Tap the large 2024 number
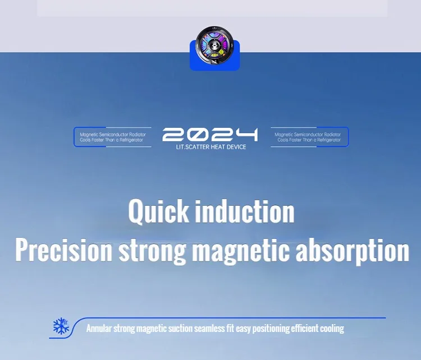(210, 135)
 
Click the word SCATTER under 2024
(197, 147)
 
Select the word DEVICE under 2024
(236, 147)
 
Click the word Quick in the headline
(158, 211)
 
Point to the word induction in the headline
(245, 211)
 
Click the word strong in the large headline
(152, 252)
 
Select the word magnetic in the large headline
(241, 252)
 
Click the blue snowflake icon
(61, 326)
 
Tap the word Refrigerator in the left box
(131, 140)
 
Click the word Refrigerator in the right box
(329, 140)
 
